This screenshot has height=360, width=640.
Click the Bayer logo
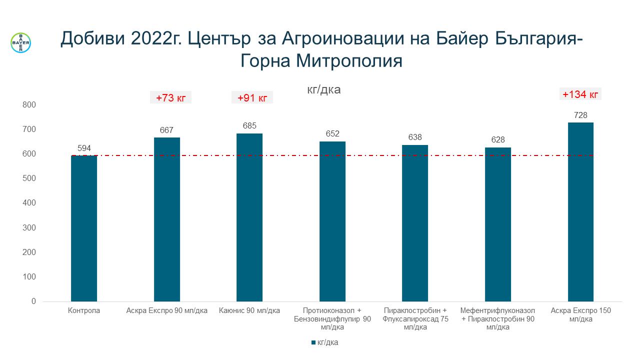pos(20,43)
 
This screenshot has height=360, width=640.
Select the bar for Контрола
pos(84,228)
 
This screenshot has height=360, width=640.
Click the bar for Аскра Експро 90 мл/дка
pos(167,219)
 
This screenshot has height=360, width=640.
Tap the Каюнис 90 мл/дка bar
pos(249,217)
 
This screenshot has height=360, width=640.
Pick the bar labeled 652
pos(332,221)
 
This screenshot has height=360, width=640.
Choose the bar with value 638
pos(415,223)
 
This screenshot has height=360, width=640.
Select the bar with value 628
pos(498,224)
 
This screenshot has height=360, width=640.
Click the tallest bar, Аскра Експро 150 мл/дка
pos(580,212)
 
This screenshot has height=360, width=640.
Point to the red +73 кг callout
pos(170,98)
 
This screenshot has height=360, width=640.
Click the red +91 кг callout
pos(252,98)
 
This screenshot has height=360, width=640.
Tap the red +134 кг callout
pos(580,94)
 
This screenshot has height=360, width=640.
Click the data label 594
pos(84,148)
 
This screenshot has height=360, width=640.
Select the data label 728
pos(580,115)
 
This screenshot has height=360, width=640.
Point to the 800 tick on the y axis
pos(29,105)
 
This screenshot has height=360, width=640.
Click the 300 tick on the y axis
pos(29,228)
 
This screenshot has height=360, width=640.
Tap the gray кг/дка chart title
pos(323,90)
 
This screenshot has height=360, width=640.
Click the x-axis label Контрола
pos(84,311)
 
